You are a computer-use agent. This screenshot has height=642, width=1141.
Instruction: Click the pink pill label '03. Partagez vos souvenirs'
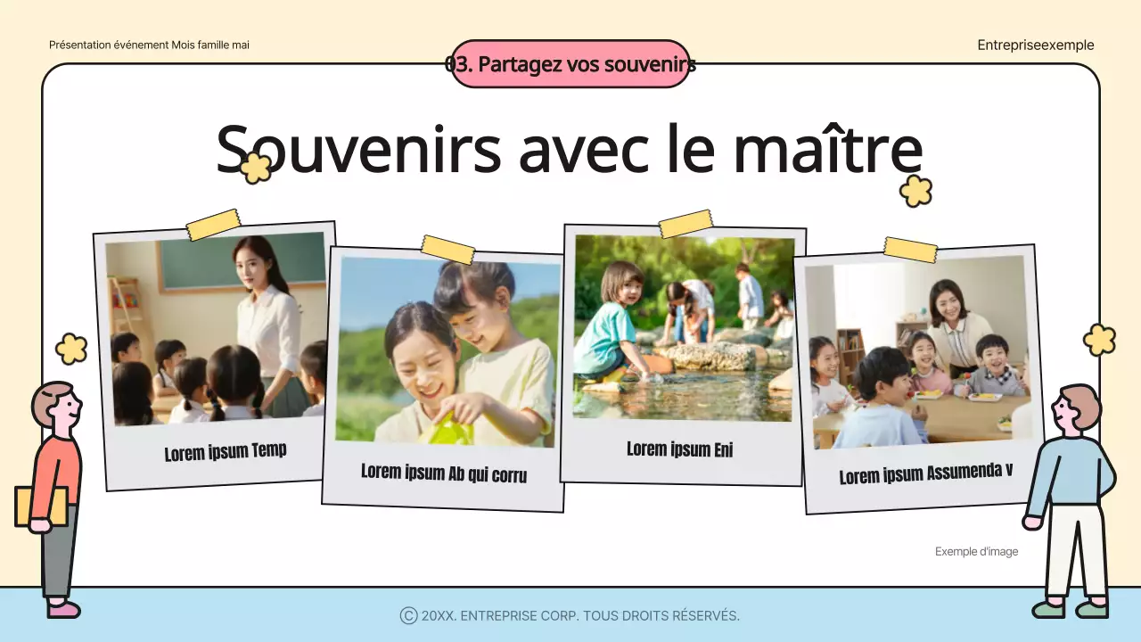point(570,64)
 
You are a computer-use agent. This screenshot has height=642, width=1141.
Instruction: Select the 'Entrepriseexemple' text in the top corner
point(1035,45)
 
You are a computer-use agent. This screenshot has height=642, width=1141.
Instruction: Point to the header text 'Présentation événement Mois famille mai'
point(149,45)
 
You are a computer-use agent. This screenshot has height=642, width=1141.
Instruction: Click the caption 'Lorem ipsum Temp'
point(226,451)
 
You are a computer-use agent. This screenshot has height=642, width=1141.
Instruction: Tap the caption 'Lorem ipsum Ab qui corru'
point(444,473)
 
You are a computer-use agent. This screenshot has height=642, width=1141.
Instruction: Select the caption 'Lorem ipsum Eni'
point(679,449)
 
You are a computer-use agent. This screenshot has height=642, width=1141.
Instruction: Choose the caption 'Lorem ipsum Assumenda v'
point(925,473)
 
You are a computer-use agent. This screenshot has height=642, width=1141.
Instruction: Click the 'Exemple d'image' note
point(976,552)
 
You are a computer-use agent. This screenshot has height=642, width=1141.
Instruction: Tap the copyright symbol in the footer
point(408,615)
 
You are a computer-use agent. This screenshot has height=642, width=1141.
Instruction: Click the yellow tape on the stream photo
point(685,224)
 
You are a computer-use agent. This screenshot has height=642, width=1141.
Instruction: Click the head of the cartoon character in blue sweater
point(1077,408)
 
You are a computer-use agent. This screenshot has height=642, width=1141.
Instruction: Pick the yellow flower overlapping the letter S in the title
point(257,168)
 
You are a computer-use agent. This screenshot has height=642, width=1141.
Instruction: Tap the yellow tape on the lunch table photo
point(910,250)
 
